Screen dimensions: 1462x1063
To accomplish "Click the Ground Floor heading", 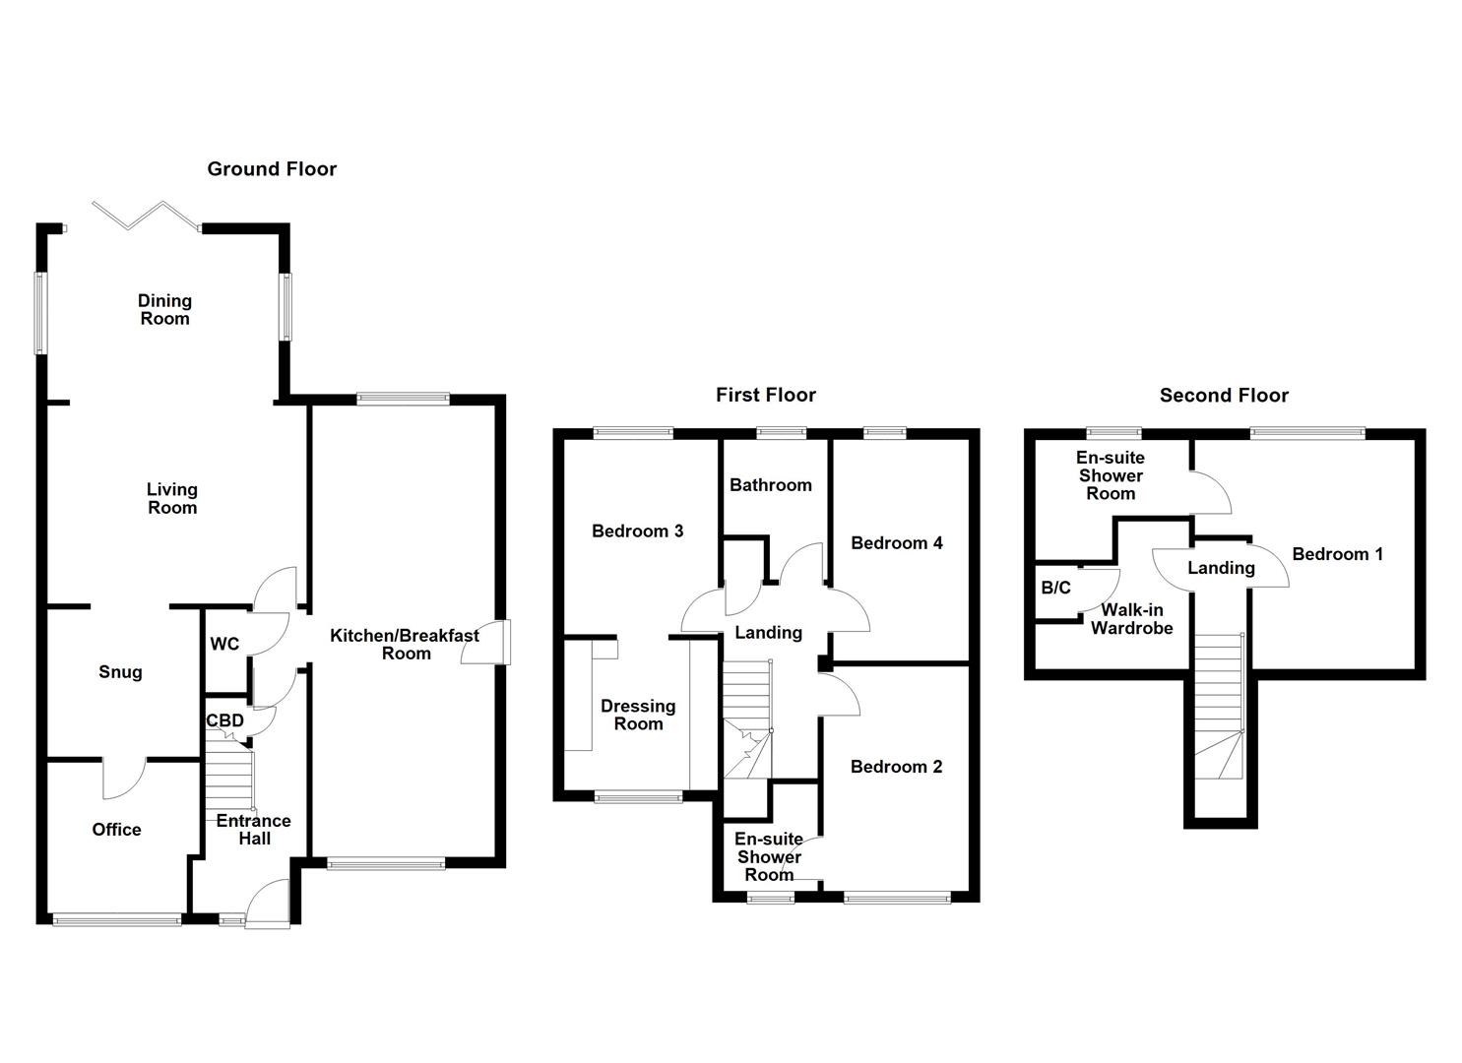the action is (272, 169).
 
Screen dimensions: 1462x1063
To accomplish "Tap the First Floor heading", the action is (766, 395).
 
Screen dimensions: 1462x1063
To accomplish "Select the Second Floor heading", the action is (1224, 396).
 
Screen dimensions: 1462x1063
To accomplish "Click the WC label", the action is (224, 644).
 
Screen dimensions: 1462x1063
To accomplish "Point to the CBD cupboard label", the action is (224, 720).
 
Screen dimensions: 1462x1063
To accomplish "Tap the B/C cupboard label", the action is (1055, 588).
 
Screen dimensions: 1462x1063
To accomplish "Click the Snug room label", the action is (120, 672).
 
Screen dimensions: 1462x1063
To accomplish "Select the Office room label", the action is (116, 830).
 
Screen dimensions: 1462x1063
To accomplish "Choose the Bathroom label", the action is (770, 485).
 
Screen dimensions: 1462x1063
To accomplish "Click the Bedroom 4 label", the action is (896, 543).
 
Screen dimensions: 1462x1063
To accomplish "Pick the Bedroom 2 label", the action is (896, 767).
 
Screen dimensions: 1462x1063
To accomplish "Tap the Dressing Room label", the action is (638, 715).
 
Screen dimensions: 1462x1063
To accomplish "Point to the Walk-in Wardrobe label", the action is (1132, 619).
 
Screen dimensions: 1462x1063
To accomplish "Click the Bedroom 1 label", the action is (1337, 554).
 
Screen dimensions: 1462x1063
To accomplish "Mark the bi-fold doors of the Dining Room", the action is (145, 216).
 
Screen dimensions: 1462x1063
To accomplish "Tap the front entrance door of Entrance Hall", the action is (267, 904).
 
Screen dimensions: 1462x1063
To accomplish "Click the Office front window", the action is (117, 920).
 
